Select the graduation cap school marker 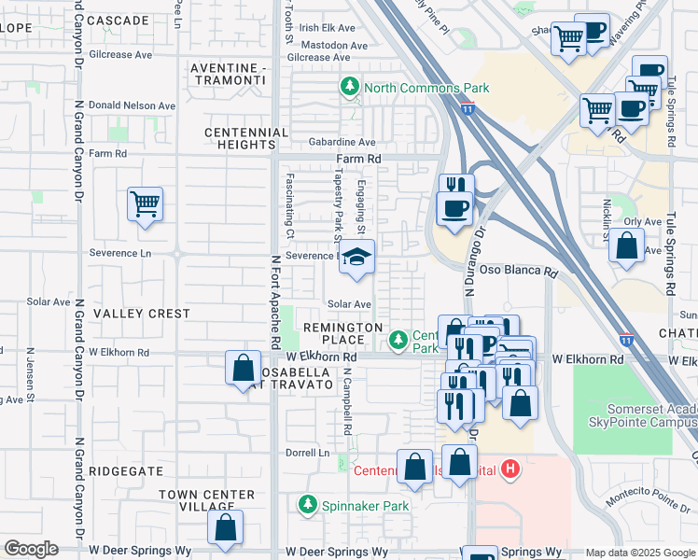tap(356, 258)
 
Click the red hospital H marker tap(510, 469)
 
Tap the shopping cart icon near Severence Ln tap(145, 203)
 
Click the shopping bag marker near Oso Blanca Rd tap(627, 245)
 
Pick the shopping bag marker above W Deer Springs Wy tap(225, 527)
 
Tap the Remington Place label tap(342, 334)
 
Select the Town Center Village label tap(206, 500)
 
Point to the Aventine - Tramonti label tap(229, 75)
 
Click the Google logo tap(31, 549)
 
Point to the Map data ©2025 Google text tap(639, 553)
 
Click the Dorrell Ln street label tap(309, 453)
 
